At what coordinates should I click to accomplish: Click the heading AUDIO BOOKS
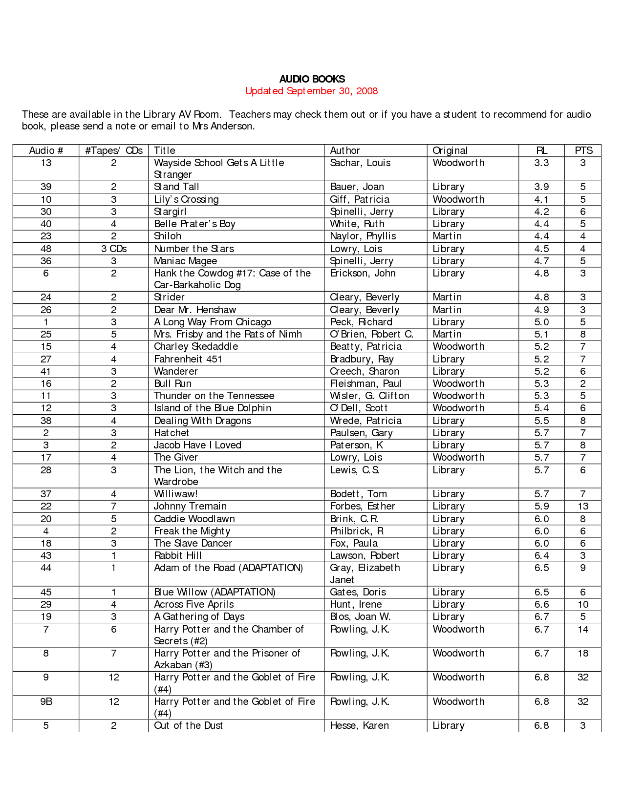tap(312, 79)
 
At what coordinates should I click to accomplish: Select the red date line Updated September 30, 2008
tap(311, 91)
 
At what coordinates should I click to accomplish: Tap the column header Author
tap(345, 150)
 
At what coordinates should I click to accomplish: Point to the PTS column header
tap(583, 150)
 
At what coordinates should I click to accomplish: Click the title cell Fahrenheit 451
tap(188, 359)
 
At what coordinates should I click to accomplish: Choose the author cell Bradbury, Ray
tap(362, 359)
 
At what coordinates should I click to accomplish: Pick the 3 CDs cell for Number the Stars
tap(114, 249)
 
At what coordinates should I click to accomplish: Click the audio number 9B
tap(46, 701)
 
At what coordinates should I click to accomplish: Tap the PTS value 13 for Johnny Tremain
tap(583, 506)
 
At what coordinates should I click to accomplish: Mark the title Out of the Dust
tap(188, 725)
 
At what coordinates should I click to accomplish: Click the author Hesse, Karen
tap(359, 725)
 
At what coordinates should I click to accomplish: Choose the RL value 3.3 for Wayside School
tap(541, 163)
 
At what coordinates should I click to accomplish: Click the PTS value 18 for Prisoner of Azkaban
tap(583, 653)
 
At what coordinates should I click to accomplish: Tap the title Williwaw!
tap(176, 494)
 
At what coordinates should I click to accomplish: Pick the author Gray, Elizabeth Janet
tap(365, 573)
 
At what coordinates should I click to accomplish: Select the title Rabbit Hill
tap(178, 555)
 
